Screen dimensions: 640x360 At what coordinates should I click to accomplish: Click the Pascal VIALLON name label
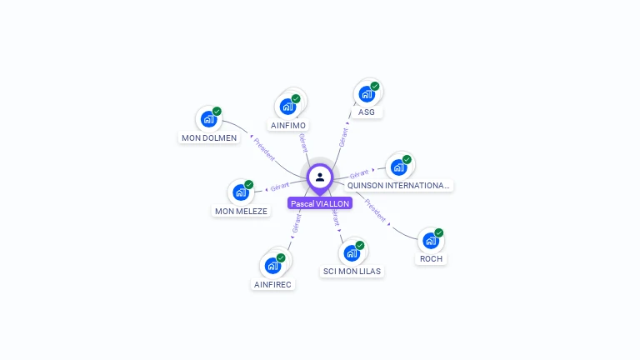[320, 203]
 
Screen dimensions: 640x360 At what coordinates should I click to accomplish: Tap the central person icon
[320, 177]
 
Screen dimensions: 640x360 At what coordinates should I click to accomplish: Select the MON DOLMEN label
[209, 138]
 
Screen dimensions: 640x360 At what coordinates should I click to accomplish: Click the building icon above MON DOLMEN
[208, 119]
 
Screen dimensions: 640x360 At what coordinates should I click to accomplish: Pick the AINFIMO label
[288, 126]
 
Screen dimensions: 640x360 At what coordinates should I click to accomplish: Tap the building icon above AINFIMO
[287, 107]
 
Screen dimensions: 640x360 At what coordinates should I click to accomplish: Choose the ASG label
[367, 112]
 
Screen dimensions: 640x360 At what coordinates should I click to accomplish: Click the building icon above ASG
[366, 94]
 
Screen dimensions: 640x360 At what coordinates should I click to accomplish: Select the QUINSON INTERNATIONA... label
[399, 185]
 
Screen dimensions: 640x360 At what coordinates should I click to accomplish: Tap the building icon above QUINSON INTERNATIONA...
[398, 167]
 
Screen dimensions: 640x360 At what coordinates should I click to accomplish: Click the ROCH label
[431, 259]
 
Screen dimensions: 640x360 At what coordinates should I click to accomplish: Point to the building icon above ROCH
[430, 241]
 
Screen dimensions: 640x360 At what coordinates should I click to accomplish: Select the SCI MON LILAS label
[352, 272]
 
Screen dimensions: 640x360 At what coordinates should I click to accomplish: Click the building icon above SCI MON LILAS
[351, 253]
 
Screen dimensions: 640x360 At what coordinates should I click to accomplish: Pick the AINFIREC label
[273, 284]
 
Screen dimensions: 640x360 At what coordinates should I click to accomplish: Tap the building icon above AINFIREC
[272, 266]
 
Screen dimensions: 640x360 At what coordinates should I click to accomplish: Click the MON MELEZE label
[241, 211]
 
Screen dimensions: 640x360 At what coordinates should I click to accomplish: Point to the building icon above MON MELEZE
[240, 192]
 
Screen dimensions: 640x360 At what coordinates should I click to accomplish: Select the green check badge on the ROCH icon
[439, 232]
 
